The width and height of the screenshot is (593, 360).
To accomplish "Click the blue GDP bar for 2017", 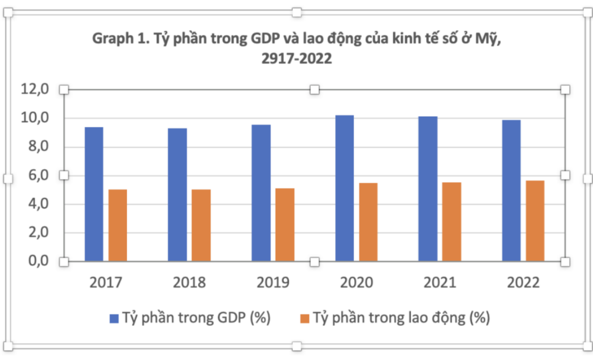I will [x=94, y=194].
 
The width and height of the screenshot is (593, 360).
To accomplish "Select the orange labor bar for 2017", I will [x=118, y=225].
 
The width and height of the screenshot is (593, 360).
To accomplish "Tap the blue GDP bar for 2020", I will [x=344, y=188].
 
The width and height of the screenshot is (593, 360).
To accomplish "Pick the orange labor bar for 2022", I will [x=535, y=220].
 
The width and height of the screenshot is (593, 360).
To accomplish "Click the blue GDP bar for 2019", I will [x=261, y=193].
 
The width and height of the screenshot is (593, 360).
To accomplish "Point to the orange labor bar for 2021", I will [x=452, y=221].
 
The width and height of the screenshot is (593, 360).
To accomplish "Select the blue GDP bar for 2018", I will [x=177, y=194].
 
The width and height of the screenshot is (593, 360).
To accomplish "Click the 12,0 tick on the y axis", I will [x=34, y=90].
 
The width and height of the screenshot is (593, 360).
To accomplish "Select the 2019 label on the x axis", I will [x=273, y=283].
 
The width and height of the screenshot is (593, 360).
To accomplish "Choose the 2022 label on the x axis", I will [x=523, y=283].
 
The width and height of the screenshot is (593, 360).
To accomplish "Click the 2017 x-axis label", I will [x=106, y=283].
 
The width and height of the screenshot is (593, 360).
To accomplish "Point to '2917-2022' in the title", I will [x=296, y=59].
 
